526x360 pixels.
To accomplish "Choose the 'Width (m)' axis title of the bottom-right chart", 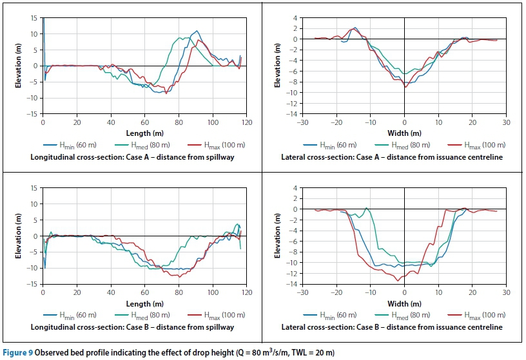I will pyautogui.click(x=404, y=303).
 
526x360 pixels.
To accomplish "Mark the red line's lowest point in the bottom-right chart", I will pyautogui.click(x=398, y=281).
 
